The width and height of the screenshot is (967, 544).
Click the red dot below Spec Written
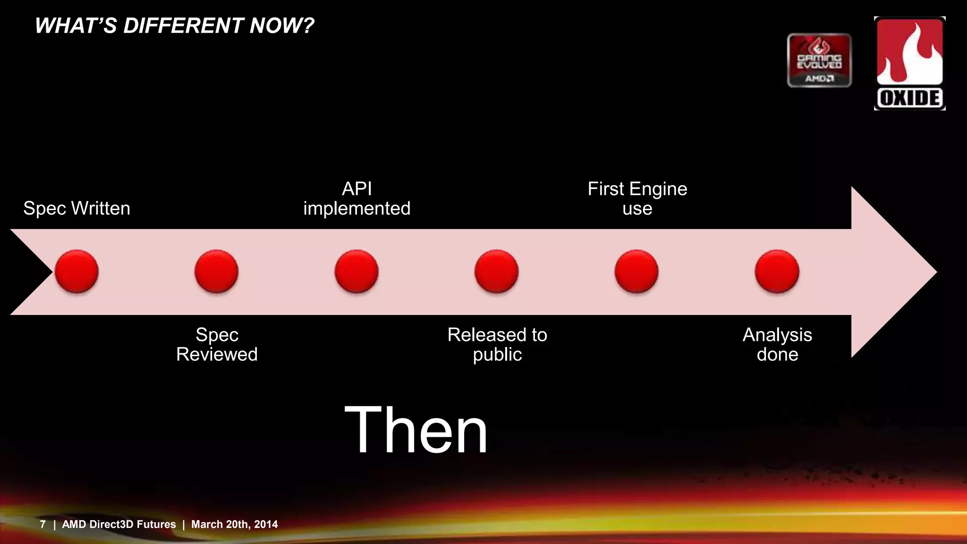point(76,272)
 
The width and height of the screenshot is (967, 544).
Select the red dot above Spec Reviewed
point(217,272)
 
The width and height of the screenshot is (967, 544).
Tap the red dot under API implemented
point(356,272)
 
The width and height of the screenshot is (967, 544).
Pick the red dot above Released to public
point(497,272)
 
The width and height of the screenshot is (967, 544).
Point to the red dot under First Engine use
point(636,272)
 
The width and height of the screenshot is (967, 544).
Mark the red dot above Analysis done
point(777,272)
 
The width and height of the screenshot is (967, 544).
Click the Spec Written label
point(76,208)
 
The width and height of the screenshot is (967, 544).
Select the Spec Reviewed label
point(217,344)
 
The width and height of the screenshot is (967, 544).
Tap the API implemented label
point(356,198)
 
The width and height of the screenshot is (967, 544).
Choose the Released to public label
point(497,344)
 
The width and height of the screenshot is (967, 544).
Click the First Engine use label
point(637,198)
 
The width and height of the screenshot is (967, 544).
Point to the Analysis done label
point(777,344)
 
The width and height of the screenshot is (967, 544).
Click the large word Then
point(416,430)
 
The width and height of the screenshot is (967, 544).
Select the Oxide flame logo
point(909,63)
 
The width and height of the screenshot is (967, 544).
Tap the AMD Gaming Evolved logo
point(819,60)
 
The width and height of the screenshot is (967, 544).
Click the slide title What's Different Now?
point(174,25)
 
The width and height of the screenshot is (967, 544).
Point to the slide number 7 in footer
point(43,524)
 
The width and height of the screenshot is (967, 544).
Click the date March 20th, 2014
point(234,524)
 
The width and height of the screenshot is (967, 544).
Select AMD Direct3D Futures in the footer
point(119,524)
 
